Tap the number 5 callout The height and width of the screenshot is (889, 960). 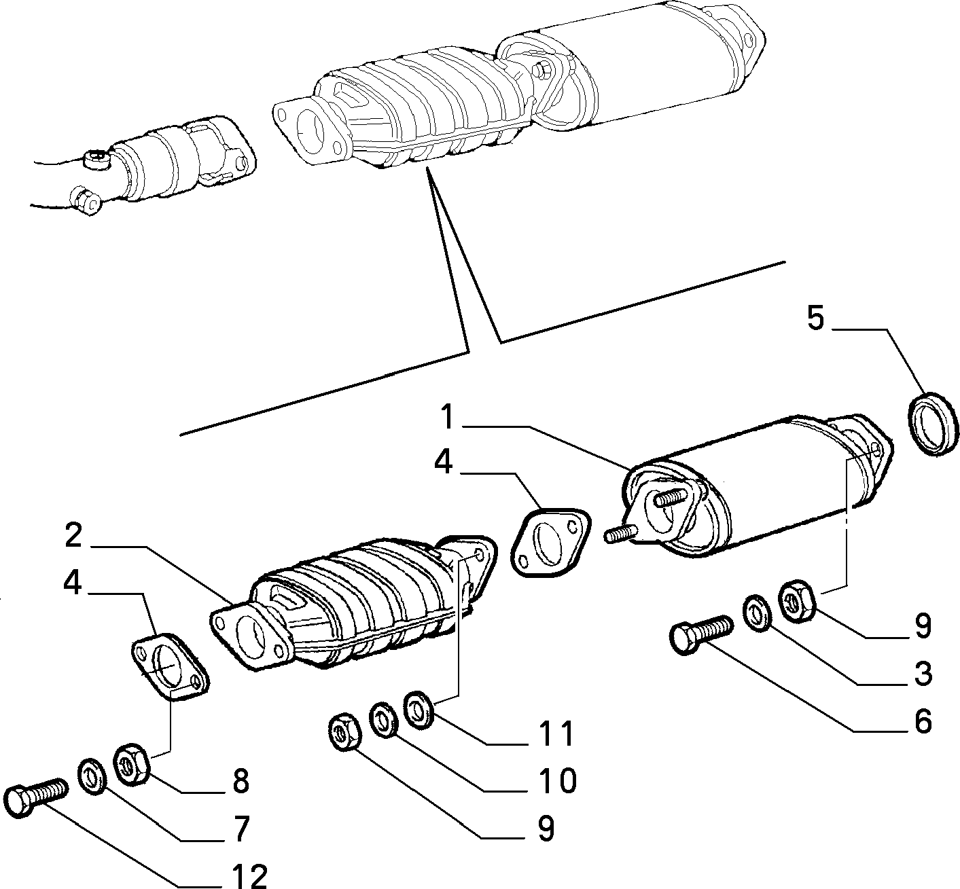[x=815, y=319]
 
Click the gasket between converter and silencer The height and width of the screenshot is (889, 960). [x=551, y=541]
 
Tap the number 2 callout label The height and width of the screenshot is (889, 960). [x=73, y=535]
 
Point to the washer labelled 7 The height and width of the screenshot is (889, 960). [x=93, y=777]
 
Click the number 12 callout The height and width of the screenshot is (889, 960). [x=249, y=876]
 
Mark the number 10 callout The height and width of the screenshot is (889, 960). [x=557, y=781]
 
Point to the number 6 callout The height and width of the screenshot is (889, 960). [x=923, y=722]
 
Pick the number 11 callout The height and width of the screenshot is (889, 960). [x=557, y=733]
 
